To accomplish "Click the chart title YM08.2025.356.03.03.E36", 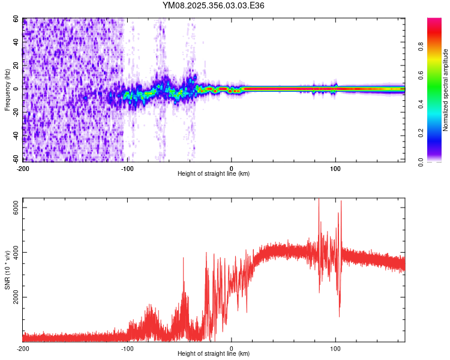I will pyautogui.click(x=214, y=5).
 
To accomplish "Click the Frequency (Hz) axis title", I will pyautogui.click(x=7, y=91).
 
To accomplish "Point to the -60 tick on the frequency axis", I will pyautogui.click(x=16, y=159).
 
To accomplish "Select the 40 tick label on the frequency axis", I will pyautogui.click(x=16, y=43).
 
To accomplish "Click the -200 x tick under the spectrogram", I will pyautogui.click(x=23, y=167).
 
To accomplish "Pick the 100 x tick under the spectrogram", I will pyautogui.click(x=335, y=167).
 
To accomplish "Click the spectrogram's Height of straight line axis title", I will pyautogui.click(x=214, y=174).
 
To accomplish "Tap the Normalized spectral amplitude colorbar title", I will pyautogui.click(x=445, y=91).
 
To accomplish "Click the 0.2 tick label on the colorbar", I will pyautogui.click(x=437, y=133).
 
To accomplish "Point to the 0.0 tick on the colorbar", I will pyautogui.click(x=437, y=161).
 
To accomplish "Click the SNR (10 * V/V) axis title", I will pyautogui.click(x=7, y=271).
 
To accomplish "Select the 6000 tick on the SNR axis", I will pyautogui.click(x=16, y=208).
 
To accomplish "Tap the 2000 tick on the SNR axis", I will pyautogui.click(x=16, y=298).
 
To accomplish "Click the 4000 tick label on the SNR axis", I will pyautogui.click(x=16, y=253).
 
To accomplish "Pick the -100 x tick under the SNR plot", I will pyautogui.click(x=127, y=348).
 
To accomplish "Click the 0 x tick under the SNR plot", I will pyautogui.click(x=232, y=348).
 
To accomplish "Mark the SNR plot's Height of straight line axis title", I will pyautogui.click(x=214, y=354).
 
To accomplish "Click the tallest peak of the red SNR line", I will pyautogui.click(x=319, y=200).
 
